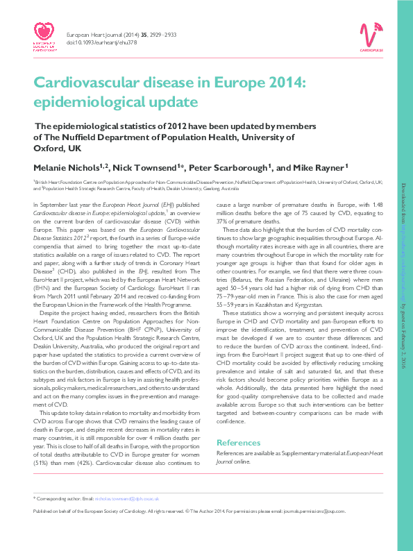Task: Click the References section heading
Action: pos(239,442)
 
